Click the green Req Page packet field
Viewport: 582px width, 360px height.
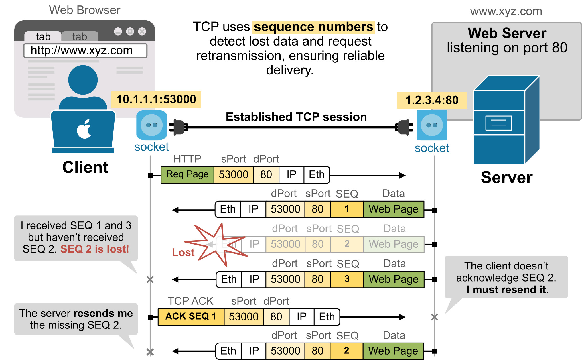click(187, 175)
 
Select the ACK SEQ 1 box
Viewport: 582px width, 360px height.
click(191, 317)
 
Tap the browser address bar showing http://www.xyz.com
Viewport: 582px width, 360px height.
click(85, 51)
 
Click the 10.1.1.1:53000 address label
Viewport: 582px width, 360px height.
click(156, 100)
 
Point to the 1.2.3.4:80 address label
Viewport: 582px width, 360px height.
click(432, 100)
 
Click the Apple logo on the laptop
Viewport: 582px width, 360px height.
click(84, 129)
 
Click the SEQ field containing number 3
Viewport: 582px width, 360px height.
click(347, 279)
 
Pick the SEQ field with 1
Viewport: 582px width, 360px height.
click(347, 209)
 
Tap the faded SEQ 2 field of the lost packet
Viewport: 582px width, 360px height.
click(347, 244)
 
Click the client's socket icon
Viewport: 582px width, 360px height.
click(151, 125)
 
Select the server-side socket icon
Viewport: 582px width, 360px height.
click(432, 125)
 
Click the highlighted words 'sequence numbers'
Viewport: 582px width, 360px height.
click(313, 27)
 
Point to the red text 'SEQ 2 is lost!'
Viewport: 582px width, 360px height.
click(94, 249)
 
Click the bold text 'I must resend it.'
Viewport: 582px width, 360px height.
click(507, 290)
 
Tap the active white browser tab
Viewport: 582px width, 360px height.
click(43, 37)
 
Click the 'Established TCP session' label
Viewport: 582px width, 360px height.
click(296, 117)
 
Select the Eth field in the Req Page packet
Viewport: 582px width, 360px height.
click(317, 175)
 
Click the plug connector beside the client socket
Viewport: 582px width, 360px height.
click(179, 127)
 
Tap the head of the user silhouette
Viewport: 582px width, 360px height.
click(83, 80)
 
